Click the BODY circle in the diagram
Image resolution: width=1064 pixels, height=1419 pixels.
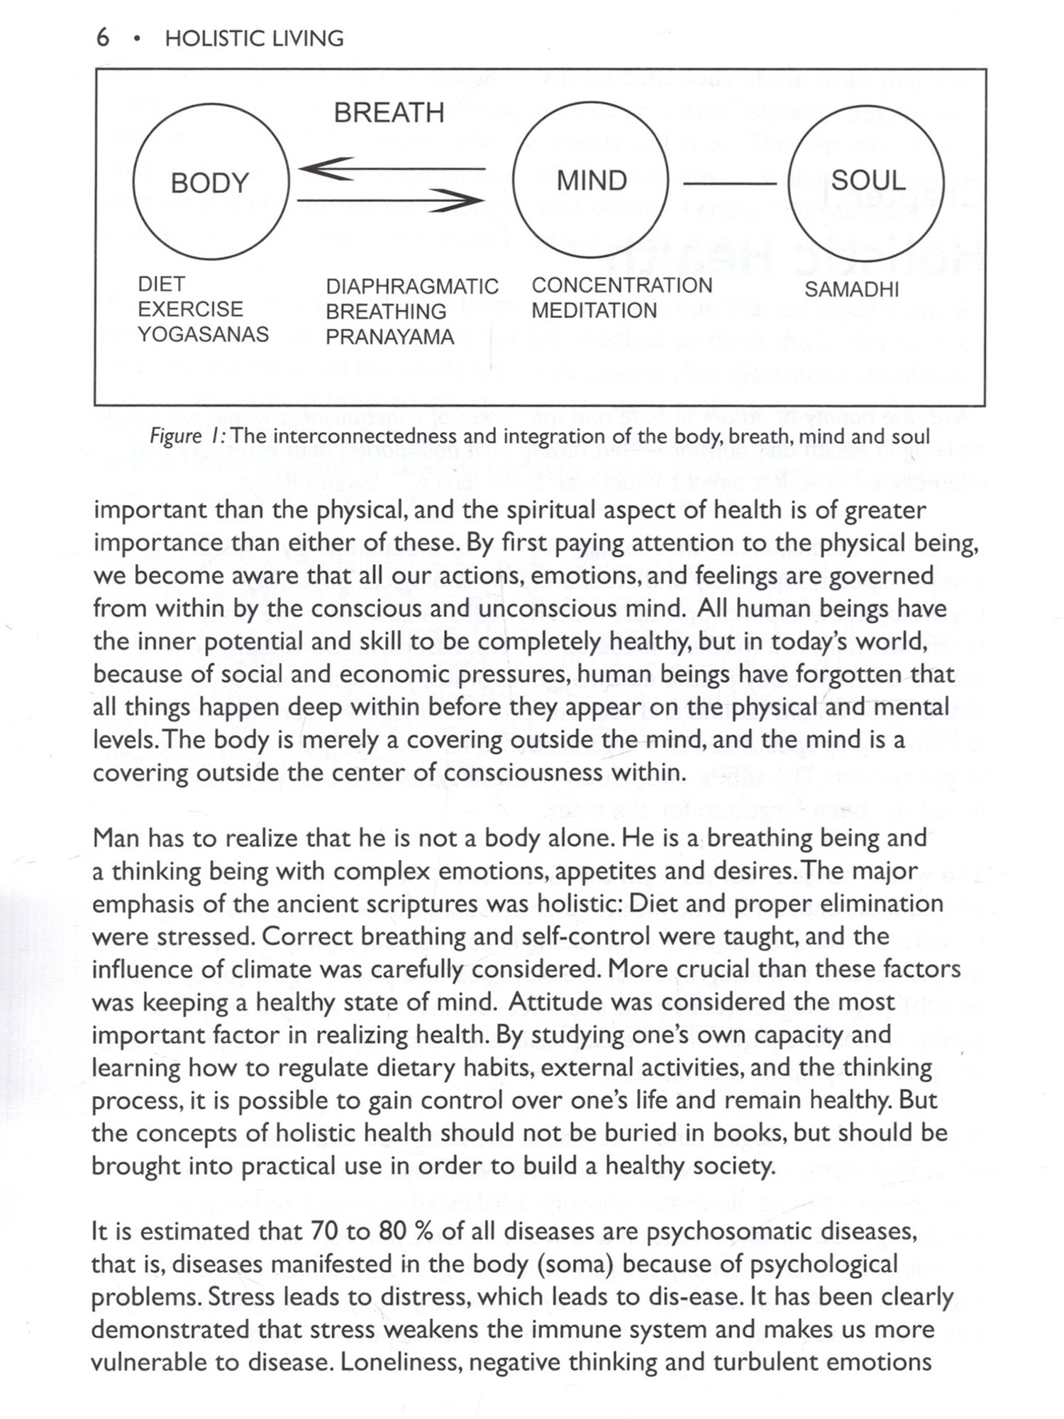point(211,182)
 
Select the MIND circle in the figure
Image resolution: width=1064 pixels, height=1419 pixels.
point(591,180)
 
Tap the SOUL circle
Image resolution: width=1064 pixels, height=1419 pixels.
point(867,180)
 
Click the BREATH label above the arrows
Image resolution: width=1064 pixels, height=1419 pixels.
point(389,113)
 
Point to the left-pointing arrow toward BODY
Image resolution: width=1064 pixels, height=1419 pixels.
point(391,169)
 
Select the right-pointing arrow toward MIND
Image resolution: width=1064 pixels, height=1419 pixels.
point(391,201)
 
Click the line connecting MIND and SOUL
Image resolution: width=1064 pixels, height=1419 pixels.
point(728,184)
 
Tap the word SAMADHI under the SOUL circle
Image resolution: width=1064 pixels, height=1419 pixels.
point(851,289)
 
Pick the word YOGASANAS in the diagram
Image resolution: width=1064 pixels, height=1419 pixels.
point(204,334)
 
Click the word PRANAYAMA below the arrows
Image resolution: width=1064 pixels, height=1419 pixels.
point(389,337)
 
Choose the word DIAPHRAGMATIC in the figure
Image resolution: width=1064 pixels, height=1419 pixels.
point(412,287)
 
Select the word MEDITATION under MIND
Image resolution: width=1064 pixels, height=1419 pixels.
point(594,311)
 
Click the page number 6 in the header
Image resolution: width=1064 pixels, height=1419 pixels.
point(103,38)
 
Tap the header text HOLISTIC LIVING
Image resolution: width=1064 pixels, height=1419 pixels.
point(254,38)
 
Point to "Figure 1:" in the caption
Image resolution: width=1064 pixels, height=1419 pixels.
point(187,436)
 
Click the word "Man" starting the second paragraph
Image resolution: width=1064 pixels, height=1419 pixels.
point(117,838)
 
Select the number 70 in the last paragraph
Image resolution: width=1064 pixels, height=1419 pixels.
point(324,1231)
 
